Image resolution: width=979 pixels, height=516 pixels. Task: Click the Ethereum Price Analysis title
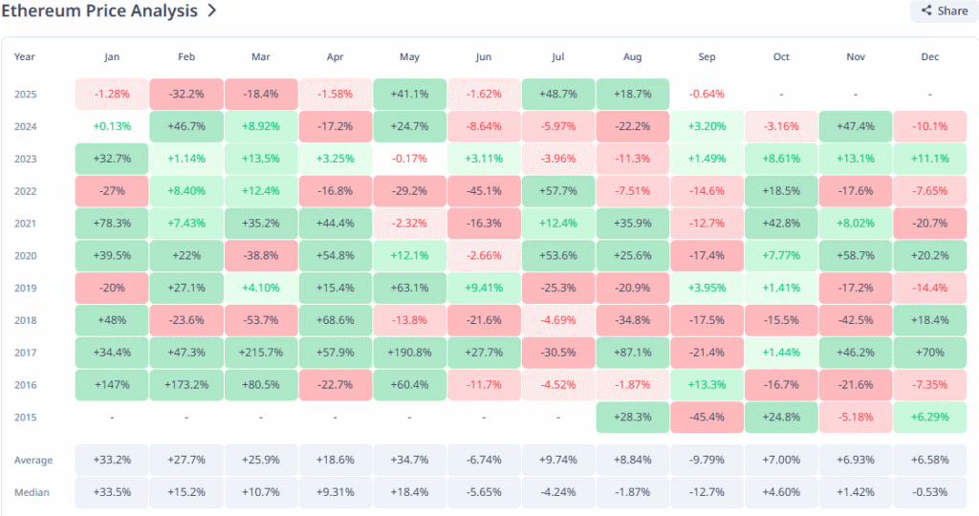click(101, 11)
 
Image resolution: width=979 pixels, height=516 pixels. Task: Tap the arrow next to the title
click(211, 11)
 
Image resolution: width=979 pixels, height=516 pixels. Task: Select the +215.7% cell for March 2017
click(261, 353)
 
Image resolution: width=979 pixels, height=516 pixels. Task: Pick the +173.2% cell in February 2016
click(186, 385)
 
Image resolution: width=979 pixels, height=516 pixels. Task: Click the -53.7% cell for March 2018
click(261, 320)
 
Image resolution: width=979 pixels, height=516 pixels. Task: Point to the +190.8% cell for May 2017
click(409, 353)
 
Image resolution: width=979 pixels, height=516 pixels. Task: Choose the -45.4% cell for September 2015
click(707, 417)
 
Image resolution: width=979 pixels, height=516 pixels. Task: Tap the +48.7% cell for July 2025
click(557, 94)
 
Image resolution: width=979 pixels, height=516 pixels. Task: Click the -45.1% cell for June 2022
click(484, 191)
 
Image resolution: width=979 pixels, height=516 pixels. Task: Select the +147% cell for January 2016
click(112, 385)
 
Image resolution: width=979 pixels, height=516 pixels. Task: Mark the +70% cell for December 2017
click(929, 353)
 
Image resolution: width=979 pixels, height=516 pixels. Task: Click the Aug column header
click(632, 56)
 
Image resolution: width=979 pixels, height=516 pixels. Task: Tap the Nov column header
click(855, 56)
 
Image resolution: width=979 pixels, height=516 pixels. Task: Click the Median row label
click(33, 492)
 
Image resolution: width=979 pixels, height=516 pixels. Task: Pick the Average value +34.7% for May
click(409, 461)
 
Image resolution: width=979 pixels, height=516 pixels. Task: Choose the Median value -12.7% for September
click(707, 492)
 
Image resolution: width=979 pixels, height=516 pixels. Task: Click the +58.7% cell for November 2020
click(855, 255)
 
